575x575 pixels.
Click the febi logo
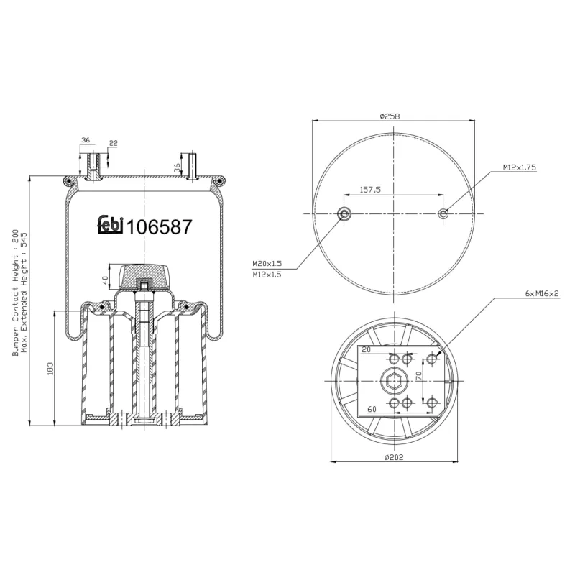click(x=111, y=225)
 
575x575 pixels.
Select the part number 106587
click(x=159, y=227)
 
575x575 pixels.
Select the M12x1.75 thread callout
click(x=519, y=167)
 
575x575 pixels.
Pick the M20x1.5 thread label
click(x=267, y=263)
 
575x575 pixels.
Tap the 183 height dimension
click(x=49, y=368)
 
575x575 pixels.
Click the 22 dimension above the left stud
click(x=113, y=143)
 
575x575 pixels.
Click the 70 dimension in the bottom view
click(x=417, y=375)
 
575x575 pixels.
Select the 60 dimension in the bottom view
click(x=372, y=409)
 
